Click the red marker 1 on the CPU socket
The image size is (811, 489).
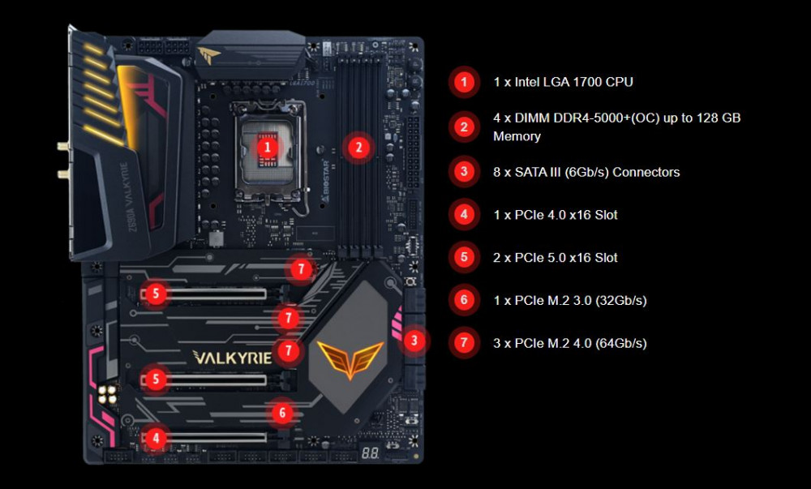point(268,148)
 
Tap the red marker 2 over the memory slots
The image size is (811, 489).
point(358,148)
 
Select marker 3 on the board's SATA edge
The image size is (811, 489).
point(414,340)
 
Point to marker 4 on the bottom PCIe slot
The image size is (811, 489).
point(156,439)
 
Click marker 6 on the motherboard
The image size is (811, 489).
point(282,413)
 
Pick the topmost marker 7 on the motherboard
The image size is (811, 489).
point(301,268)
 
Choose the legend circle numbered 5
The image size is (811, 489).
point(464,257)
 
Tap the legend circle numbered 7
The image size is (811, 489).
point(464,342)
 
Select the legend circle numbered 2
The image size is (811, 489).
point(464,127)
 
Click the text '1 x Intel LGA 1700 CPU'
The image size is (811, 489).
point(564,82)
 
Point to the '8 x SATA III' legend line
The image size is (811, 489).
point(586,172)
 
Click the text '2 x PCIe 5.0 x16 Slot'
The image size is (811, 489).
point(555,257)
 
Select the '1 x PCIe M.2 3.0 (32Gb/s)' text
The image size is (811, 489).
point(570,300)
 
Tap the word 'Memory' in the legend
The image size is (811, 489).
point(517,136)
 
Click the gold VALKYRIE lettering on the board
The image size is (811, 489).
point(232,357)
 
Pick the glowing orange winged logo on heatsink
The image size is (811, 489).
point(350,358)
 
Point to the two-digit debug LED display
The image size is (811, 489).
point(370,453)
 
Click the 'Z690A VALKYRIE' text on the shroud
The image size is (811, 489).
point(128,197)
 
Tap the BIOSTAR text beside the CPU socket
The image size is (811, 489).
point(325,180)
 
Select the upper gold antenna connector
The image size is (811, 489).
point(62,147)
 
